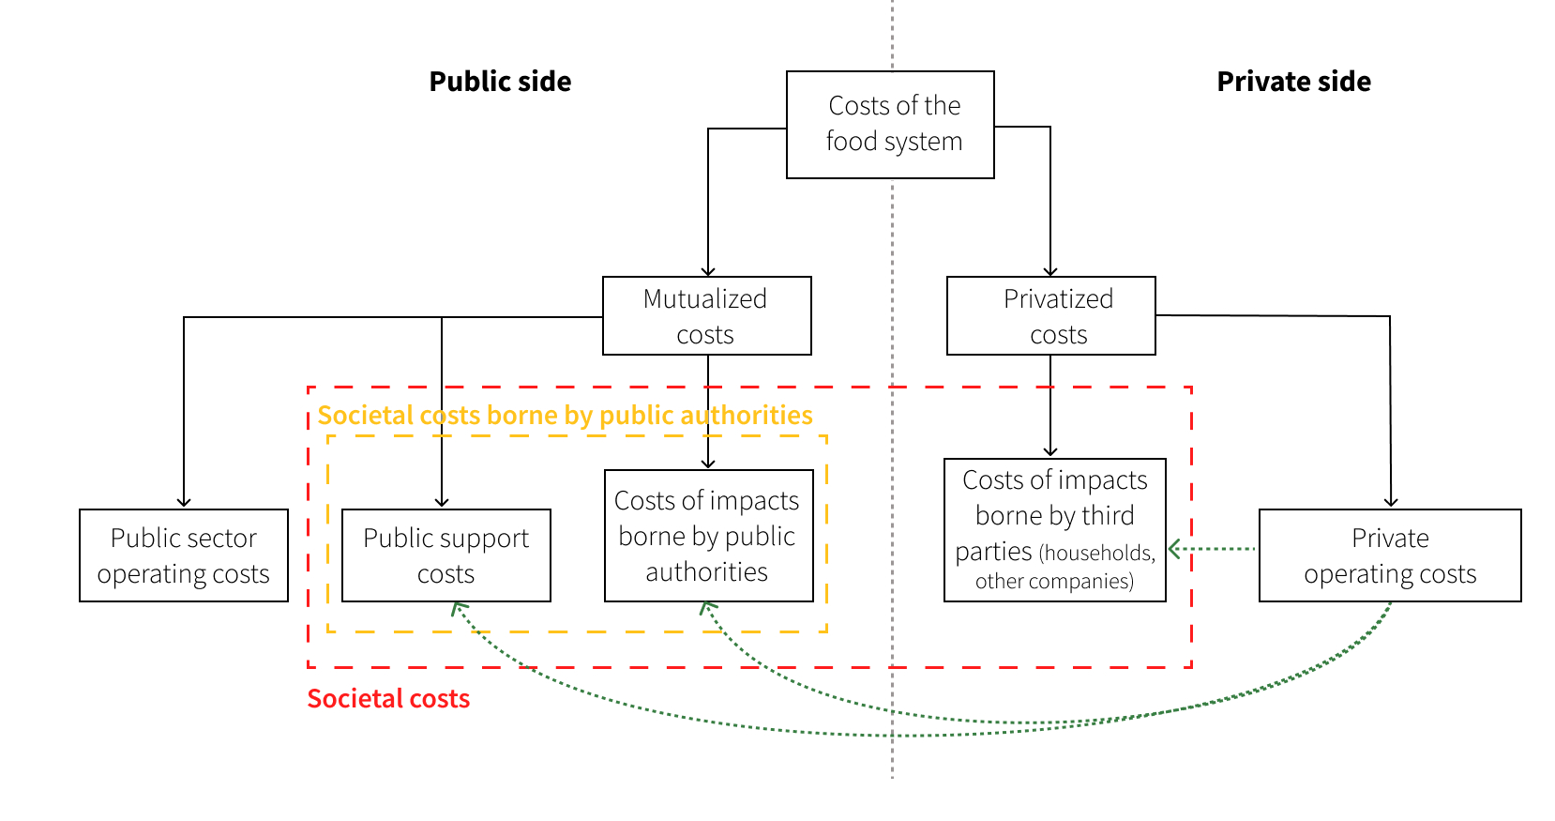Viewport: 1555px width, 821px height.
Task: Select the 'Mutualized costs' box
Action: point(706,316)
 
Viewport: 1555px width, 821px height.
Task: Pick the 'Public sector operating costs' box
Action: point(184,555)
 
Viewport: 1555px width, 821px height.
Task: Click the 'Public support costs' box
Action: point(445,555)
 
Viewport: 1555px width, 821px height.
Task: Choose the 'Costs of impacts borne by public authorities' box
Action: point(708,536)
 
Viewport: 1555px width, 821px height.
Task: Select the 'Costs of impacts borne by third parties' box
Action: point(1054,529)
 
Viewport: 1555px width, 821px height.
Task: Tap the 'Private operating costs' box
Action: point(1389,555)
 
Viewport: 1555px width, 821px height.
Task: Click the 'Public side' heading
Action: point(500,82)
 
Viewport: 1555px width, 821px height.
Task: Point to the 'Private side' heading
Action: point(1293,82)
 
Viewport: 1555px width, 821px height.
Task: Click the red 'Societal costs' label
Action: point(388,699)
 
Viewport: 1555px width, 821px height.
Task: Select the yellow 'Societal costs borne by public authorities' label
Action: point(565,416)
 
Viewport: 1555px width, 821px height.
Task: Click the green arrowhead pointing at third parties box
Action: point(1173,549)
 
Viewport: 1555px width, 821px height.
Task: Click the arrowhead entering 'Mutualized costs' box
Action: point(708,272)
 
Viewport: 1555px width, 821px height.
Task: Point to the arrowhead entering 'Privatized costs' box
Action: point(1050,272)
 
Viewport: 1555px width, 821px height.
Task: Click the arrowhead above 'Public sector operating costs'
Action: point(184,503)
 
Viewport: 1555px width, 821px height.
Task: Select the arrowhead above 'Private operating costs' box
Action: point(1391,503)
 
